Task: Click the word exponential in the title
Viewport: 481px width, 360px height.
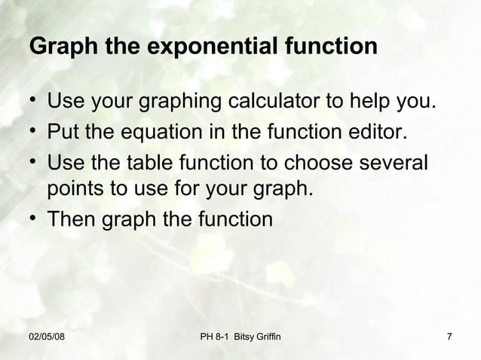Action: [x=215, y=47]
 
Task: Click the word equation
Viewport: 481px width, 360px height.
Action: [x=156, y=134]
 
